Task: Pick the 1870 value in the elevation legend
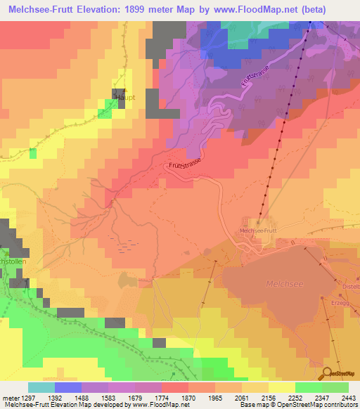tap(189, 397)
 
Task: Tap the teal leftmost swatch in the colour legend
tap(41, 387)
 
